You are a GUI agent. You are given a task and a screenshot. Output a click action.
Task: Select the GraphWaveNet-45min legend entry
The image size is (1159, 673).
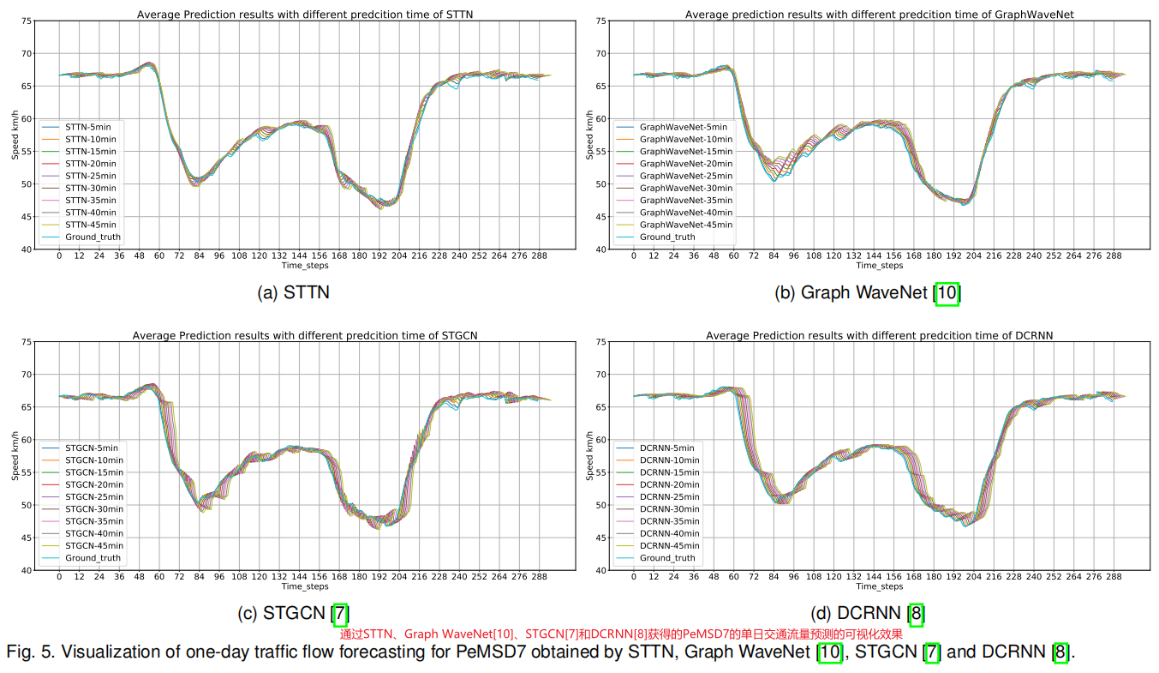(x=686, y=225)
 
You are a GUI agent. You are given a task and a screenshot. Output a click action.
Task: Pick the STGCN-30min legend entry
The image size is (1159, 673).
(x=93, y=509)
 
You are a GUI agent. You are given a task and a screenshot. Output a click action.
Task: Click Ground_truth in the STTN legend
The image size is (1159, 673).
(x=93, y=237)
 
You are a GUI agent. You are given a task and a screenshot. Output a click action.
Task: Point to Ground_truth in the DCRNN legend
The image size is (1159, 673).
(x=667, y=558)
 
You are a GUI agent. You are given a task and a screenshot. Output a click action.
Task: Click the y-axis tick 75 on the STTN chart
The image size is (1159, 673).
(x=26, y=21)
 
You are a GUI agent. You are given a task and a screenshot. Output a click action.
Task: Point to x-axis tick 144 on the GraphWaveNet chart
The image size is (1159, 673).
(x=873, y=255)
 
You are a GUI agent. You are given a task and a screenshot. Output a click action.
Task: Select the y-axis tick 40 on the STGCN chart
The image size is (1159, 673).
(x=26, y=570)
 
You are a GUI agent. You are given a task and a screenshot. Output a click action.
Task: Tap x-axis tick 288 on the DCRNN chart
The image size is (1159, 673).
(x=1114, y=577)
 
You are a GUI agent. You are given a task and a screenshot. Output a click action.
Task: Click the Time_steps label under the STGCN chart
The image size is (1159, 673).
(x=305, y=587)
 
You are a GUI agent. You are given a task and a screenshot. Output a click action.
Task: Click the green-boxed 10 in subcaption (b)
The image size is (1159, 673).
(x=947, y=293)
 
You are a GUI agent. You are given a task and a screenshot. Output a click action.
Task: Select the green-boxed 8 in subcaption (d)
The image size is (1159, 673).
(x=917, y=614)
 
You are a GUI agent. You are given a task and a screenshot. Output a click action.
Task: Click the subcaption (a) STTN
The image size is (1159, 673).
(x=294, y=293)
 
